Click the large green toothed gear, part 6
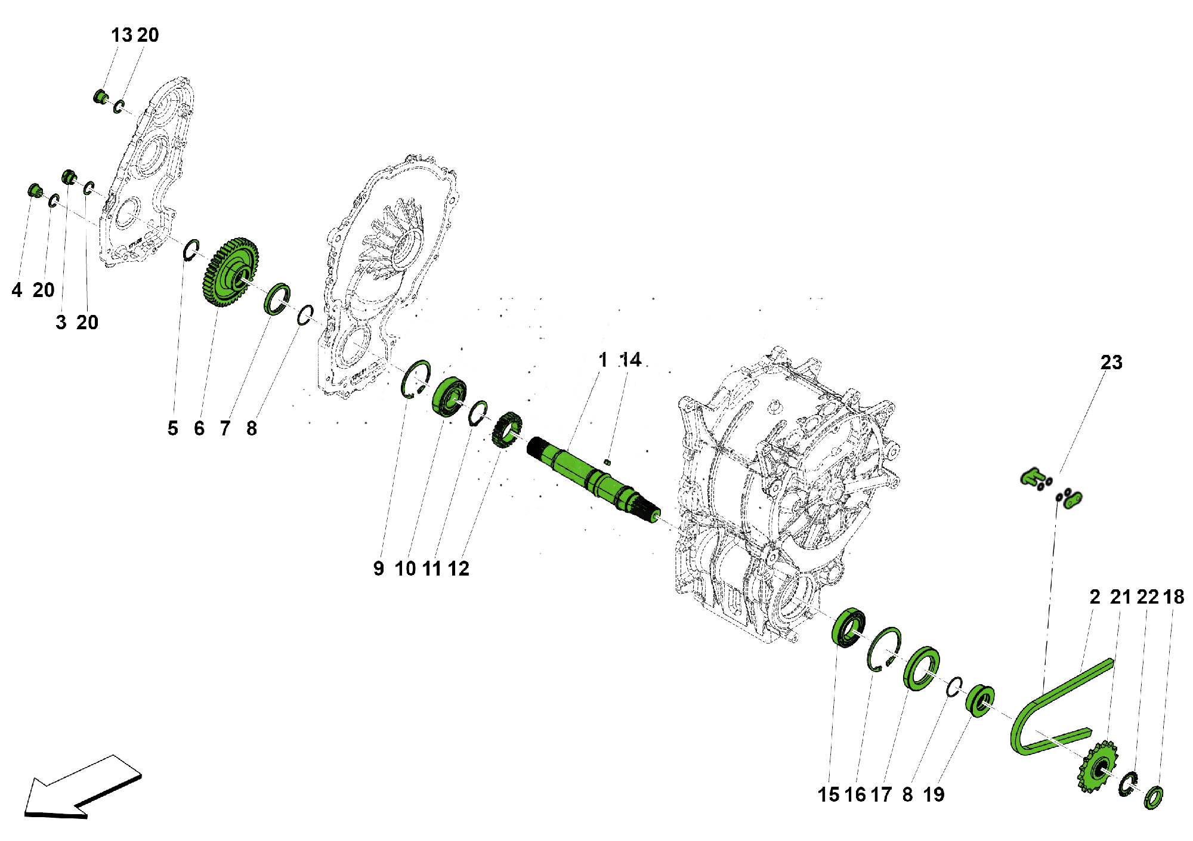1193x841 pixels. click(230, 273)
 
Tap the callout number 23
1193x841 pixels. click(1111, 363)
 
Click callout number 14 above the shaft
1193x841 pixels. click(631, 360)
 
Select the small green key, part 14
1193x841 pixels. click(607, 460)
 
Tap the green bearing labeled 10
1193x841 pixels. click(448, 394)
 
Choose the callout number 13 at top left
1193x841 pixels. click(121, 35)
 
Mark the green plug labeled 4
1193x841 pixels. click(35, 191)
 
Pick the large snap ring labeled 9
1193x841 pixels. click(415, 378)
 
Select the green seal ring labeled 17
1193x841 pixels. click(922, 668)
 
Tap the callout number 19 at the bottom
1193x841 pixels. click(934, 794)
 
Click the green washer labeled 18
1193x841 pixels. click(1152, 798)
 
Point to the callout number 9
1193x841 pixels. click(378, 568)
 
